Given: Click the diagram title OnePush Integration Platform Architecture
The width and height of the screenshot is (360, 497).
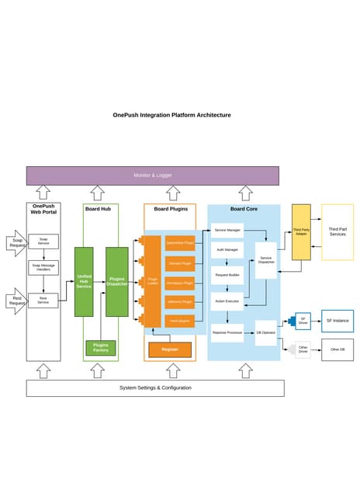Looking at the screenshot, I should pos(171,115).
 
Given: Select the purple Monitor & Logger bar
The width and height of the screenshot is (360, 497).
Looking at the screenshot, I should pos(152,176).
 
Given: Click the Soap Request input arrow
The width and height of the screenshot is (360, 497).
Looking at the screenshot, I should pos(17,242).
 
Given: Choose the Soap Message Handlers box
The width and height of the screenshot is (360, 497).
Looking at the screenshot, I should pos(43,268).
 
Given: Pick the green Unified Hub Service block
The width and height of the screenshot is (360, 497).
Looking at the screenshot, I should pos(84,281).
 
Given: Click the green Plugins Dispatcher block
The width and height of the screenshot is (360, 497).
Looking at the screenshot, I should pos(116,281).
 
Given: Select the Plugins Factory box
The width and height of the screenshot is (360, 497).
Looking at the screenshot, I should pos(100,347).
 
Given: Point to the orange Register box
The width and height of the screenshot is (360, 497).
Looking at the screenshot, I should pos(169,349).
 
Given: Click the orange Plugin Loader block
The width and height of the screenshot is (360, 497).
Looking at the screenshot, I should pos(152,281).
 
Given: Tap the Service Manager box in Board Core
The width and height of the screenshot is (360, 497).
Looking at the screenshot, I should pos(227,231).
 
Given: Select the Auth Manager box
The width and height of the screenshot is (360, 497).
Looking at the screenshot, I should pos(227,250).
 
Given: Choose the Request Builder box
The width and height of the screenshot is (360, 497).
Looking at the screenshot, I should pos(227,275).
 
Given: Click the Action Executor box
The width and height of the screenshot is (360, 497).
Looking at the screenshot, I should pos(227,301).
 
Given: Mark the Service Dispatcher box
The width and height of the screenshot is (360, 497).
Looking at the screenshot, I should pos(266,260).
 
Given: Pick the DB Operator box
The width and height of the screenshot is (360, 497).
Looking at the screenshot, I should pos(266,332).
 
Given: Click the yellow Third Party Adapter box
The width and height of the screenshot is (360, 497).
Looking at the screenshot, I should pos(301,232).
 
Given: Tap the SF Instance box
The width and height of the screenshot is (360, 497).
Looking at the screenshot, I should pos(337,320).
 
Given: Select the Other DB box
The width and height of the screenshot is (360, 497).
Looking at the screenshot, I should pos(337,349).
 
